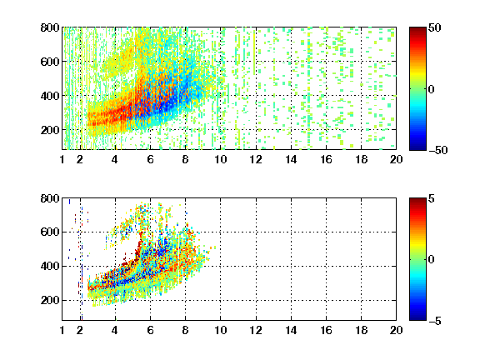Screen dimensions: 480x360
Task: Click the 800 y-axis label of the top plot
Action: tap(50, 27)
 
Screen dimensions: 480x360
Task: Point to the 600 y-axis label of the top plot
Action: tap(50, 62)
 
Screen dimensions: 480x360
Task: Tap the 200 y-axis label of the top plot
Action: tap(50, 130)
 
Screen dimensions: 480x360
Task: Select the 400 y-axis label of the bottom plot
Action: tap(50, 266)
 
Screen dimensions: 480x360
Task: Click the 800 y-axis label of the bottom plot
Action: tap(50, 198)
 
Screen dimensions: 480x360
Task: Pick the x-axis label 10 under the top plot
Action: tap(220, 159)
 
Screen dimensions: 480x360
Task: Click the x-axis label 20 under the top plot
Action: tap(396, 159)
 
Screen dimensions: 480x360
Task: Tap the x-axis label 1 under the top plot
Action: tap(62, 159)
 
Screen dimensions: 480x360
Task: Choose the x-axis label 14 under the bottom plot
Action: tap(291, 330)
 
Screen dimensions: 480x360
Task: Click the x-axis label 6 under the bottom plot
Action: tap(150, 330)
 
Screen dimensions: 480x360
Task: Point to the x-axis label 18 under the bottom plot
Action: tap(361, 330)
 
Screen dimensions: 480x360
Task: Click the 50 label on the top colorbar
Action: tap(435, 27)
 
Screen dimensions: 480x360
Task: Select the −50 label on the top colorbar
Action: tap(438, 150)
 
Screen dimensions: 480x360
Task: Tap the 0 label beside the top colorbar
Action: tap(432, 89)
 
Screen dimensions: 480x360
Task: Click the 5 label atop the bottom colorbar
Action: tap(432, 198)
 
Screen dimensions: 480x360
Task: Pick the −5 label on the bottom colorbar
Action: tap(435, 321)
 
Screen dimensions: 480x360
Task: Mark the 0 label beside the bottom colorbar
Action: tap(432, 260)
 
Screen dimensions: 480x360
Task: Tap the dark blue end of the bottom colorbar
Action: tap(417, 318)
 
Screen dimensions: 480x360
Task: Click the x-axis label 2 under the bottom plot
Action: tap(80, 330)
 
